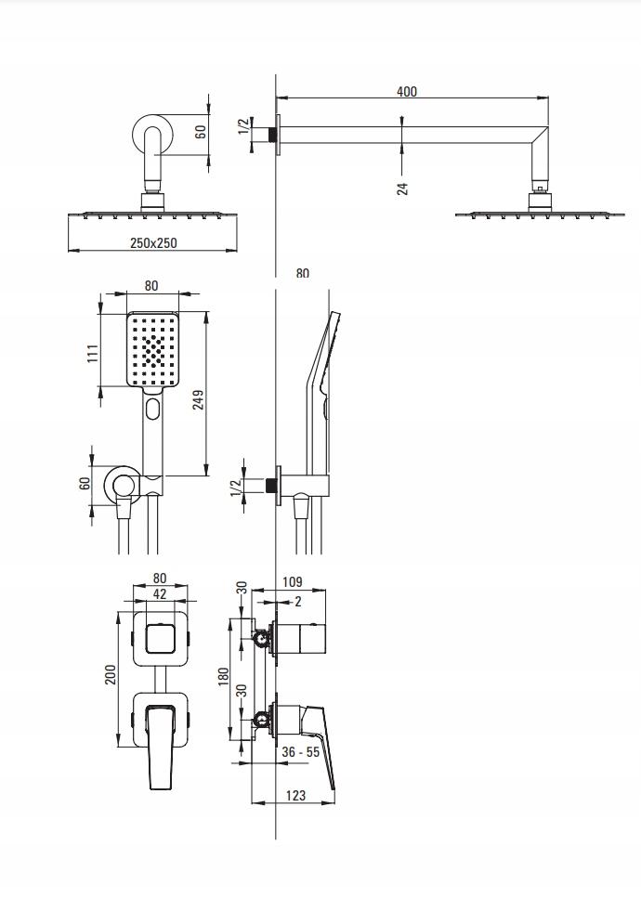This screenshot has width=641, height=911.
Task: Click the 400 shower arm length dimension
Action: coord(407,91)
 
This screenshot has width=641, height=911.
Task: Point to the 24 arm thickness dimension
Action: coord(403,189)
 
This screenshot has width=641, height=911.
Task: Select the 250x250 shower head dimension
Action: coord(153,243)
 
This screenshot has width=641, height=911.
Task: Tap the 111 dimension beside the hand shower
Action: coord(93,353)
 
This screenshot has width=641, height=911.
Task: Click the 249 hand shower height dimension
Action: coord(198,399)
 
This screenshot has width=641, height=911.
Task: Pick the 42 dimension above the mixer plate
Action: coord(160,593)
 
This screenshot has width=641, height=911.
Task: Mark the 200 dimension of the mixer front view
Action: coord(111,674)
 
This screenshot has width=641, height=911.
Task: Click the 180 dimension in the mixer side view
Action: coord(224,676)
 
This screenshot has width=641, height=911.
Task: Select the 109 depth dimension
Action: coord(293,581)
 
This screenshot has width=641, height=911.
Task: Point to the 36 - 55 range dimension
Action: coord(300,752)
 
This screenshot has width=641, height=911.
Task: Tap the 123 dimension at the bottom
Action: coord(295,795)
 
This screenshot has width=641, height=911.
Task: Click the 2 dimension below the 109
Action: coord(298,602)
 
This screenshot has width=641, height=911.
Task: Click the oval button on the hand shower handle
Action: coord(153,409)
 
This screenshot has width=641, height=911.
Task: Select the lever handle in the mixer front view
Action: coord(161,747)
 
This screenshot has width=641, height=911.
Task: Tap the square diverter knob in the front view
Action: coord(161,638)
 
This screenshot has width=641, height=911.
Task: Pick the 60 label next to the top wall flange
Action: coord(201,131)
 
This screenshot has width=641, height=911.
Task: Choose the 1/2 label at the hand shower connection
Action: coord(236,488)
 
